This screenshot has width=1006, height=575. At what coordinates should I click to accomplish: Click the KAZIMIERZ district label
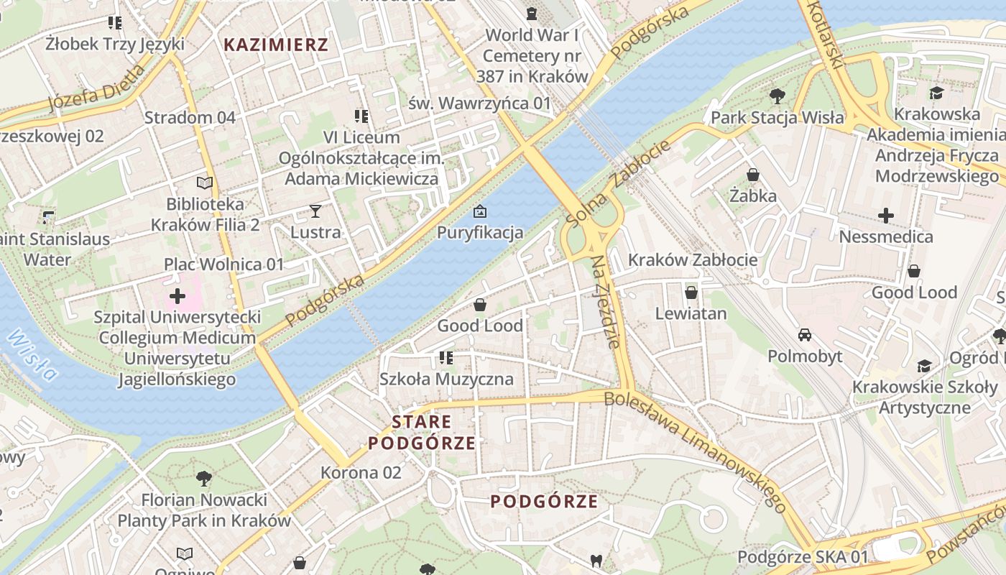[275, 45]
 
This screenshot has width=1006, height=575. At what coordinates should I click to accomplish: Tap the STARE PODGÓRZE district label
[422, 432]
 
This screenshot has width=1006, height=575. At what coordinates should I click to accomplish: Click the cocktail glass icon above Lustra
[315, 211]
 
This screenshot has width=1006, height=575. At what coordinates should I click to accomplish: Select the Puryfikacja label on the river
[480, 233]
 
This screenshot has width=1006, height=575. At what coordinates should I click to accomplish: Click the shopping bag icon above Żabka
[753, 175]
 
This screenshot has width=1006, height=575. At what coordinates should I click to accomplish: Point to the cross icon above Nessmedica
[886, 215]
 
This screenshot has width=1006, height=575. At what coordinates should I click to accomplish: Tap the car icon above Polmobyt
[805, 335]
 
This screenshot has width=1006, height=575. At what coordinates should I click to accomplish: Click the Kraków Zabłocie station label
[693, 260]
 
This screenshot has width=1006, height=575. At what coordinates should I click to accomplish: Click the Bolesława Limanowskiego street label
[696, 451]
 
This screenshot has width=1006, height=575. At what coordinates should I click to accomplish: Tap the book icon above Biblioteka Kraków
[205, 183]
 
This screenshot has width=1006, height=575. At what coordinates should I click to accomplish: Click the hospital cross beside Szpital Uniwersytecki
[177, 295]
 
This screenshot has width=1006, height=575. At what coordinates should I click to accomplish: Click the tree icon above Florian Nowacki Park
[204, 478]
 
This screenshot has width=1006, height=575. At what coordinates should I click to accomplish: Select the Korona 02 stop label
[361, 472]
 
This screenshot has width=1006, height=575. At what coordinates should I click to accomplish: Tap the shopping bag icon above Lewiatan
[691, 293]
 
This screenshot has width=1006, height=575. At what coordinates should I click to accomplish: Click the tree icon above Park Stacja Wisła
[777, 96]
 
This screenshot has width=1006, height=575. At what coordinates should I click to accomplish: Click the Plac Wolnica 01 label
[224, 264]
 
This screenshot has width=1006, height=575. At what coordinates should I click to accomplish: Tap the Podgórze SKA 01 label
[803, 556]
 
